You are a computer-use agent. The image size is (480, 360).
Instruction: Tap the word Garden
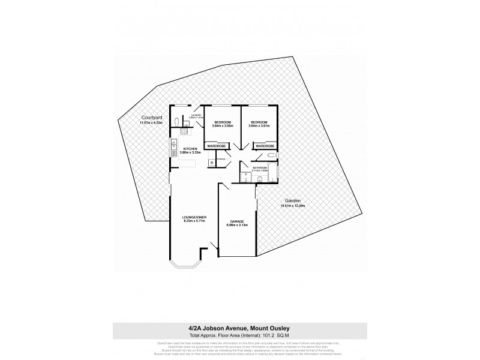[x=293, y=201]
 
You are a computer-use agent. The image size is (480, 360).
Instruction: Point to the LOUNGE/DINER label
[x=194, y=217]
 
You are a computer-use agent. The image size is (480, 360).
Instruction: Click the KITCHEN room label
[x=190, y=148]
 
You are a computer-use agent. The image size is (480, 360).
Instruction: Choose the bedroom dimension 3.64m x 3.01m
[x=259, y=125]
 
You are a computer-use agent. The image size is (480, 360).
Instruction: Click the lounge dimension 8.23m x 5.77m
[x=194, y=221]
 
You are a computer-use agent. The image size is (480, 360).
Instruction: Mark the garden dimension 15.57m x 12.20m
[x=293, y=206]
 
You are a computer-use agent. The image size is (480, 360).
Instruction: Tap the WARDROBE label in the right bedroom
[x=265, y=146]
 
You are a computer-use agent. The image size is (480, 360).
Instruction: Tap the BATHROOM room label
[x=260, y=167]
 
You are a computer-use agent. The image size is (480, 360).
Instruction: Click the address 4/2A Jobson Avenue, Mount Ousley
[x=239, y=327]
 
